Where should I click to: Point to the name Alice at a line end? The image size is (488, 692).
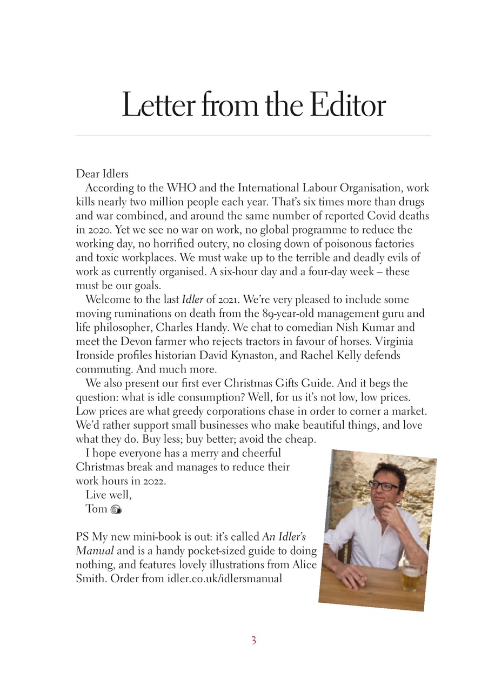click(303, 566)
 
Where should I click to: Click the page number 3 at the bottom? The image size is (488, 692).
click(253, 641)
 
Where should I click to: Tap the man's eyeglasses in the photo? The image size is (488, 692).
click(383, 485)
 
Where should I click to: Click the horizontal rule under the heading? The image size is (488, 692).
click(253, 136)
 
